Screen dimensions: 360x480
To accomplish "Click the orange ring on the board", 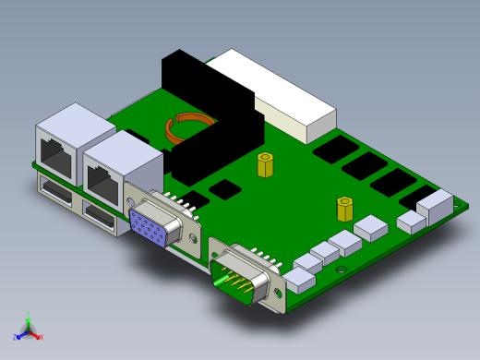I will pyautogui.click(x=189, y=128).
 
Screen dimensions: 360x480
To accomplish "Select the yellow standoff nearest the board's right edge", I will pyautogui.click(x=344, y=209).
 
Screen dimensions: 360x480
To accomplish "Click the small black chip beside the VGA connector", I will pyautogui.click(x=224, y=189).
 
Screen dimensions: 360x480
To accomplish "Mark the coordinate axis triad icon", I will pyautogui.click(x=28, y=328).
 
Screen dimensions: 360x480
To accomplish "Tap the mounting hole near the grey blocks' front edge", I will pyautogui.click(x=342, y=270).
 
